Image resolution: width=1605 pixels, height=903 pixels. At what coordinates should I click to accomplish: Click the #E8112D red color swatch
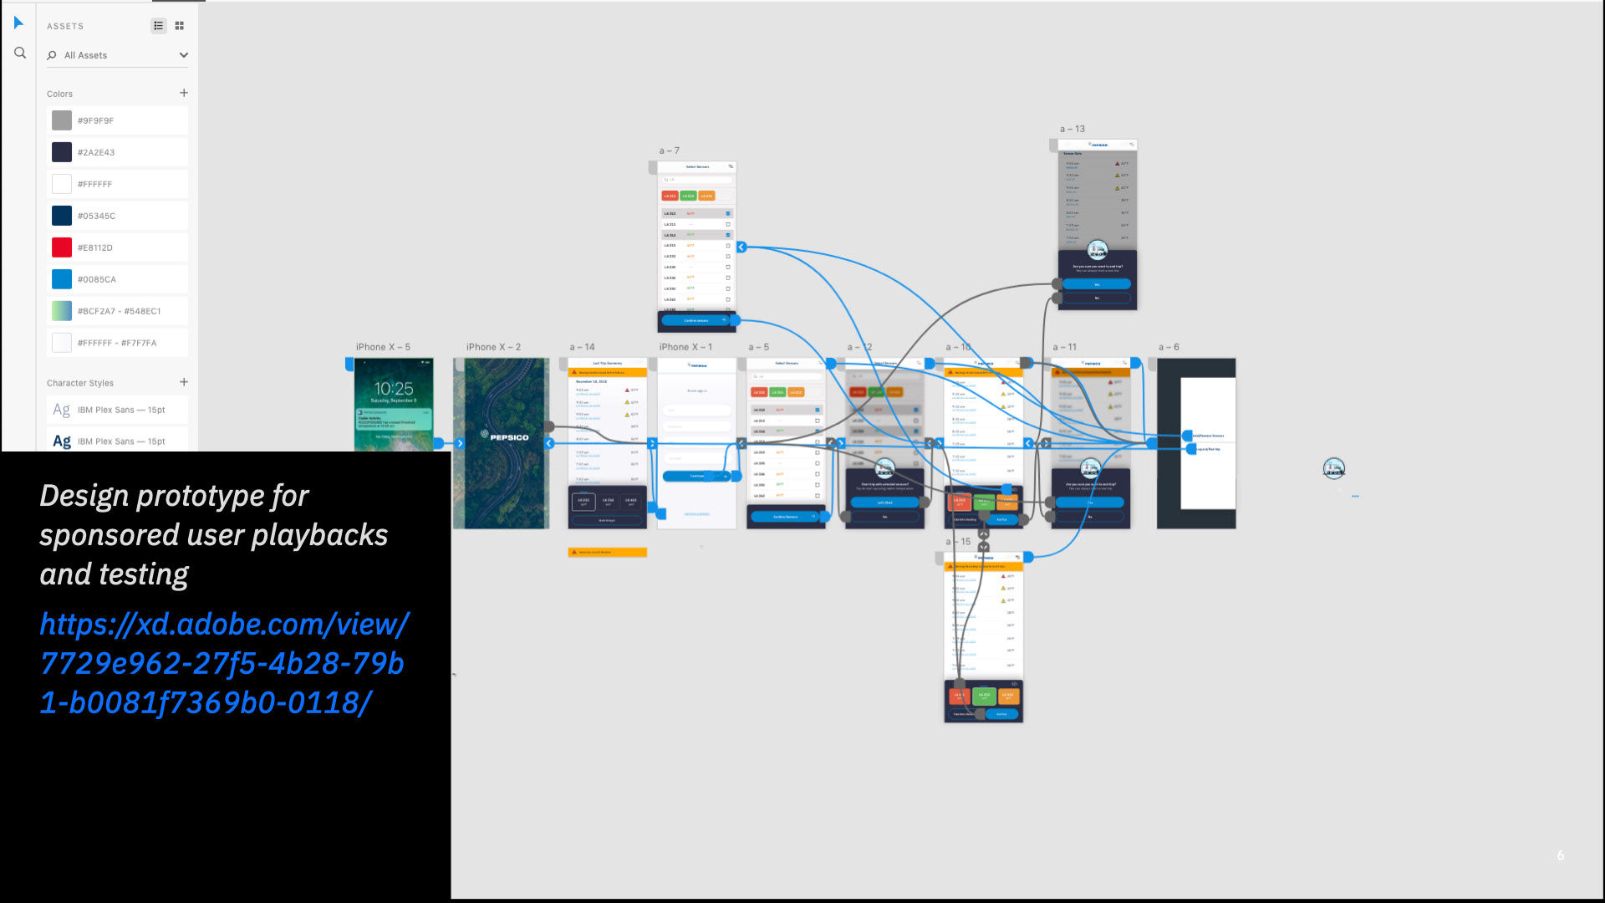(62, 247)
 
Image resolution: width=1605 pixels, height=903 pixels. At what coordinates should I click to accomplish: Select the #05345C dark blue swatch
(62, 216)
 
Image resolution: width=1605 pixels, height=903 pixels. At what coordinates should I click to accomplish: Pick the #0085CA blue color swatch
(62, 279)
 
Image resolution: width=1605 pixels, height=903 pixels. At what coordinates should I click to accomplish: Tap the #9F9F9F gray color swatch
(62, 120)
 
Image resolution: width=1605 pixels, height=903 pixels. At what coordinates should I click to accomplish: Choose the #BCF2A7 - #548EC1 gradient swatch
(62, 311)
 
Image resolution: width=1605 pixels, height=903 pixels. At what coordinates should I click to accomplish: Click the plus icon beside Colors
(184, 93)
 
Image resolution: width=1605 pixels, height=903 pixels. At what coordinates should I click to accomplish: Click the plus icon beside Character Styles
(184, 382)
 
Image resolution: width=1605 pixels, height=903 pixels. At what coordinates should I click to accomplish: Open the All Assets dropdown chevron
(184, 55)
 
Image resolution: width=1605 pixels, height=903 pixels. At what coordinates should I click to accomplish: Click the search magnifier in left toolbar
(20, 53)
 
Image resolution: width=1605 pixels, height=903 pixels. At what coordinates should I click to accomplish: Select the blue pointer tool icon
(18, 23)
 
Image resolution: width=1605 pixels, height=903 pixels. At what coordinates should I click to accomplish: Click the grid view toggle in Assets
(180, 26)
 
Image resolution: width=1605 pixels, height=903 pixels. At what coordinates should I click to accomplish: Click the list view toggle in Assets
(159, 26)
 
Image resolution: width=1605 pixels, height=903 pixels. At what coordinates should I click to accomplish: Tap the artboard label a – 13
(1073, 129)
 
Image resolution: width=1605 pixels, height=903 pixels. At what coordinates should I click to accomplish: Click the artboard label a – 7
(670, 150)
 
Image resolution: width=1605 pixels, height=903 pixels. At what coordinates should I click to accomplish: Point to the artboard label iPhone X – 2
(493, 347)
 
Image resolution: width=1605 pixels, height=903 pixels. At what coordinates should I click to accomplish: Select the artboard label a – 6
(1169, 347)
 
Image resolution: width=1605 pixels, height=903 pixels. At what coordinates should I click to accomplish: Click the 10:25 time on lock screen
(394, 389)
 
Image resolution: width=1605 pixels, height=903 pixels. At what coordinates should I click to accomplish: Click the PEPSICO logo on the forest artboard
(505, 436)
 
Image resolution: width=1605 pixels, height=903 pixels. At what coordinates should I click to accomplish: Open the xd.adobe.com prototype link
(224, 663)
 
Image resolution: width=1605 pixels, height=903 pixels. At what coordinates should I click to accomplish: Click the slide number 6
(1561, 855)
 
